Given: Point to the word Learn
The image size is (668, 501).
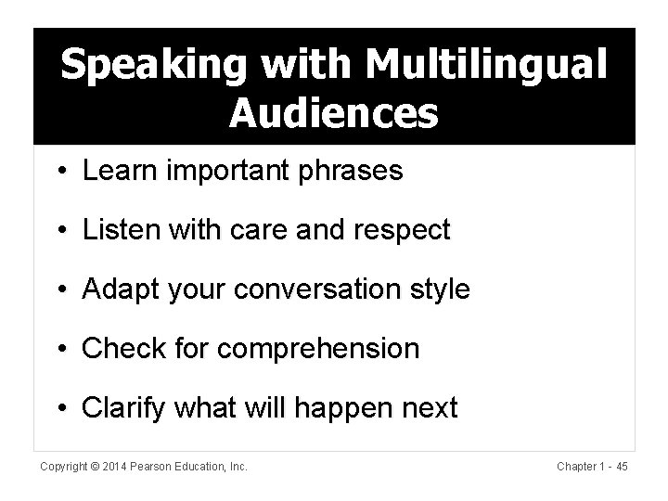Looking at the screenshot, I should (x=116, y=173).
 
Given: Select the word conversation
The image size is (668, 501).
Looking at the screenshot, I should (x=327, y=290).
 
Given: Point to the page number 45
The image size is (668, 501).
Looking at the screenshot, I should (x=622, y=467).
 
